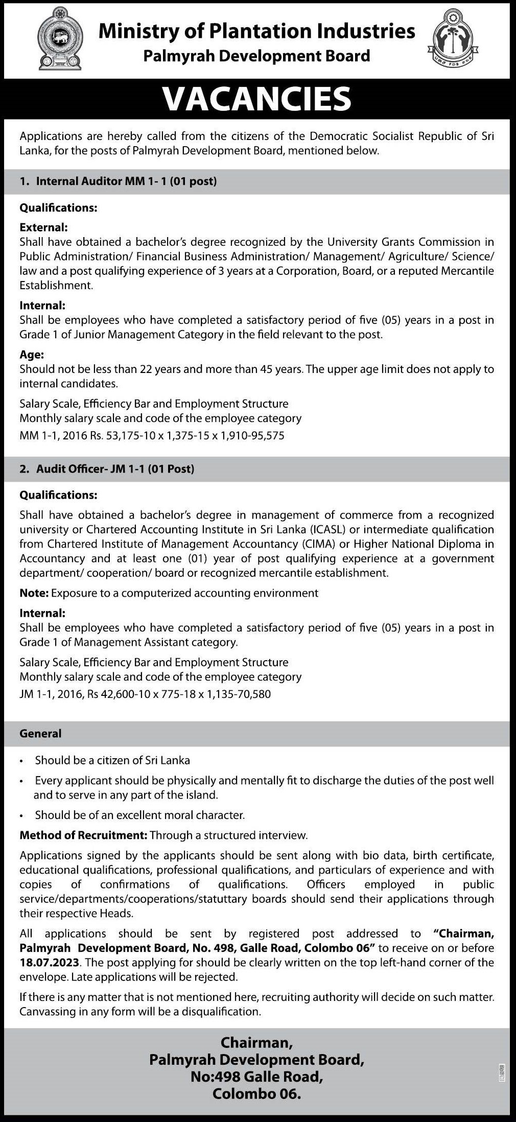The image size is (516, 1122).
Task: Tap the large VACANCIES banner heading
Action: pyautogui.click(x=257, y=99)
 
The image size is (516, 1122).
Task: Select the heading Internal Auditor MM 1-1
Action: pyautogui.click(x=126, y=181)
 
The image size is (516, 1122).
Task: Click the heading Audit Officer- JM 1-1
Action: pyautogui.click(x=115, y=469)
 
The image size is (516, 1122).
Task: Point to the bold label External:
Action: pyautogui.click(x=43, y=227)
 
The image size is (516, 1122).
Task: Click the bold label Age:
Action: pyautogui.click(x=32, y=355)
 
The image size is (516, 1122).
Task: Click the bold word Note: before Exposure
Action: pyautogui.click(x=34, y=593)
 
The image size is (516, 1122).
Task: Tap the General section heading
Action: pyautogui.click(x=40, y=734)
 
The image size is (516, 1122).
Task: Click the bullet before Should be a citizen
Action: pyautogui.click(x=21, y=761)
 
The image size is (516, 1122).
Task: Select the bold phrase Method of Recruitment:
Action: pyautogui.click(x=83, y=835)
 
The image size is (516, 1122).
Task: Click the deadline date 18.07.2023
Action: pyautogui.click(x=49, y=963)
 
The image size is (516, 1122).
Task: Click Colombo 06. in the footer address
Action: pyautogui.click(x=256, y=1094)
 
